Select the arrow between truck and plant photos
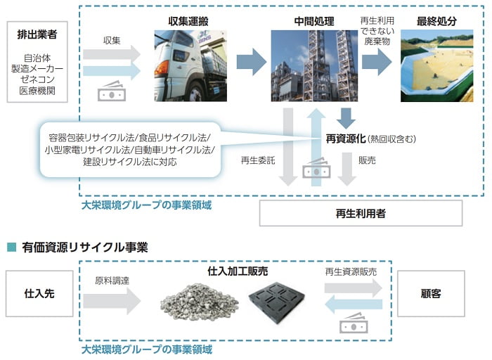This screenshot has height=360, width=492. pyautogui.click(x=250, y=63)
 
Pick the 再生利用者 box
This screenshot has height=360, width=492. pyautogui.click(x=361, y=213)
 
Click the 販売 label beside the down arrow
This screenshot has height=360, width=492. pyautogui.click(x=368, y=160)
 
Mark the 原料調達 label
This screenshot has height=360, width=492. pyautogui.click(x=112, y=281)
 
